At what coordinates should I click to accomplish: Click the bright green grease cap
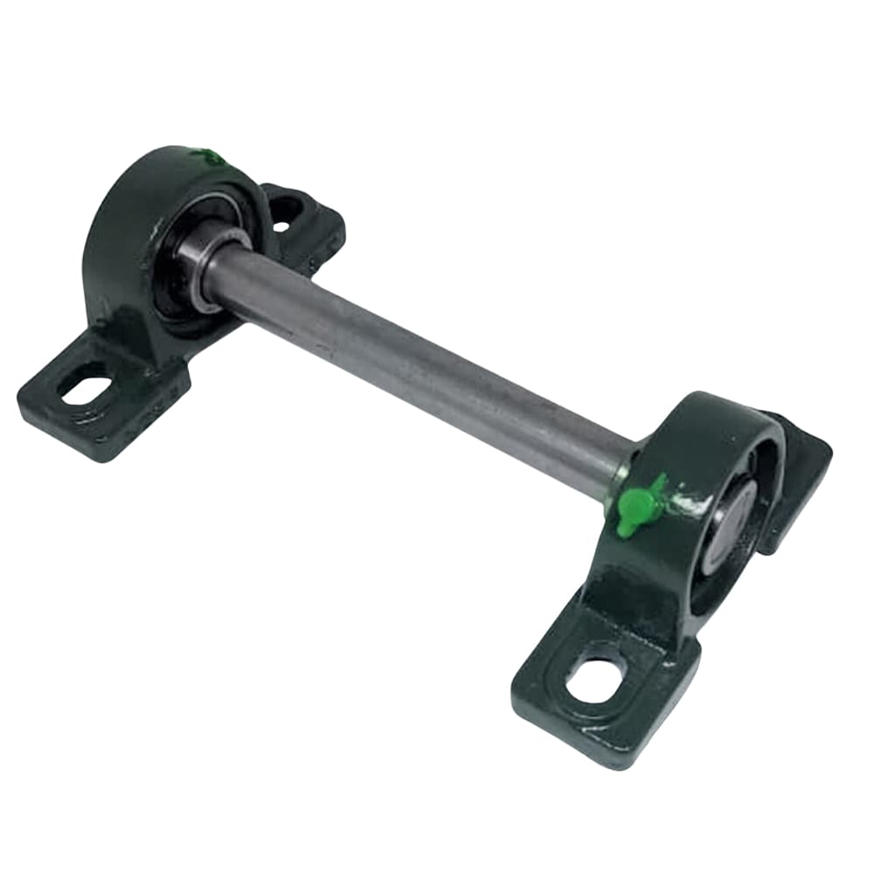tap(637, 506)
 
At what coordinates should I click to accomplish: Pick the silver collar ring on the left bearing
tap(204, 267)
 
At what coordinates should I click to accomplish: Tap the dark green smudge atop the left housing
tap(210, 158)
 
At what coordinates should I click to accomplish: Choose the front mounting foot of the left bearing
tap(96, 402)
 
